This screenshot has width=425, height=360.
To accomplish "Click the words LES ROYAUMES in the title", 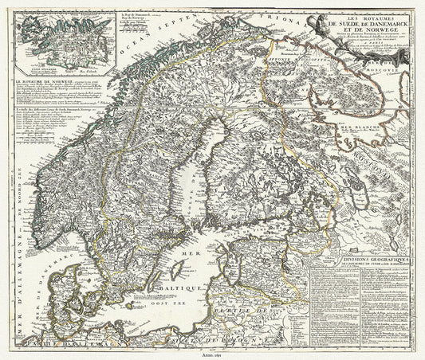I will (353, 9).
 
